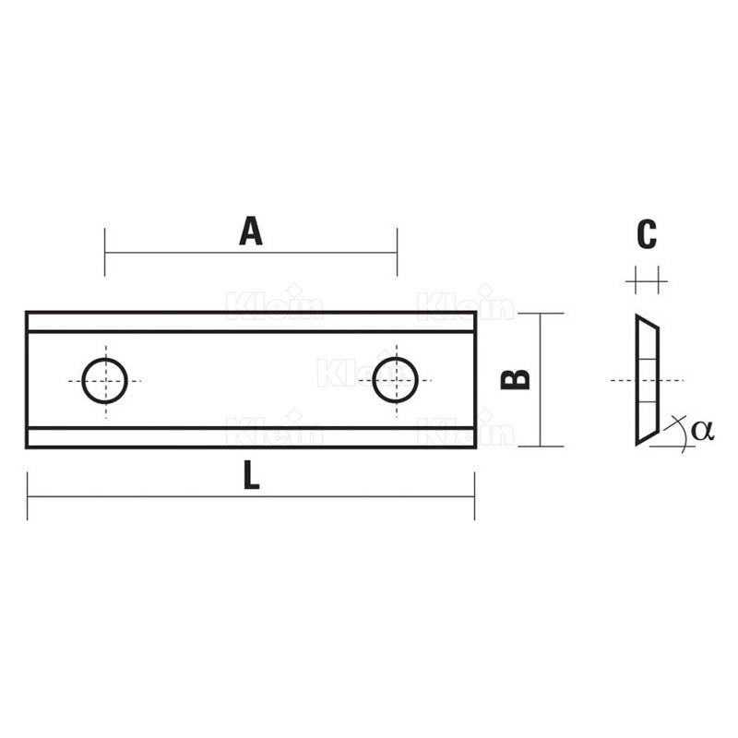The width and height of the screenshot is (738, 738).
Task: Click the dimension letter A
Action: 250,231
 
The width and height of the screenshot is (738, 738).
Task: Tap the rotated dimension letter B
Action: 516,379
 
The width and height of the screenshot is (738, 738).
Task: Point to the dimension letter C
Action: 647,234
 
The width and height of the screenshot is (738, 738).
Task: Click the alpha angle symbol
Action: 702,429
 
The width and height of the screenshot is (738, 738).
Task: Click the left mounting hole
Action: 104,380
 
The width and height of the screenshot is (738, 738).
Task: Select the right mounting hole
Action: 396,380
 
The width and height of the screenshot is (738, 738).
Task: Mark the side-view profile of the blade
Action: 646,379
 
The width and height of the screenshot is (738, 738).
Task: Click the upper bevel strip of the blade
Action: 250,322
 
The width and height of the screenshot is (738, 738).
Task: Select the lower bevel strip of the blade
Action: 250,437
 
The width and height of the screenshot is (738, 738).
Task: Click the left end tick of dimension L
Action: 28,497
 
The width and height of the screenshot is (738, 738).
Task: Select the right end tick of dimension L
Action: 474,497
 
